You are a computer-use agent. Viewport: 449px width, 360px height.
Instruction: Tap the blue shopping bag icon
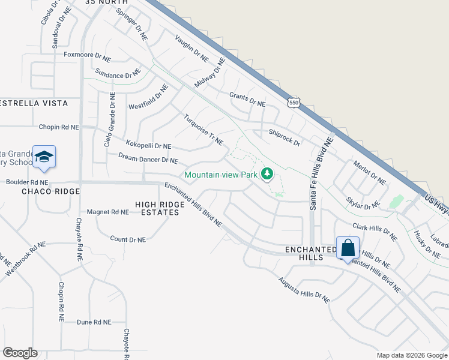click(x=348, y=247)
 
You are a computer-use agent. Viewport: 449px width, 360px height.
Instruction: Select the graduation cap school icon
click(x=44, y=157)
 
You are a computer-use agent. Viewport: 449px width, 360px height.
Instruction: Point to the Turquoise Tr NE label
click(x=203, y=130)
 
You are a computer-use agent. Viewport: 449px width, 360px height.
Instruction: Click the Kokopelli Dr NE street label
click(x=148, y=145)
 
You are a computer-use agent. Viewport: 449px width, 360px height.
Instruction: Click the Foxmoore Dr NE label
click(x=87, y=59)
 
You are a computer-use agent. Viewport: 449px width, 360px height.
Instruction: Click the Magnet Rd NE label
click(x=108, y=212)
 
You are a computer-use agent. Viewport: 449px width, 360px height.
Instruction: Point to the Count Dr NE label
click(x=128, y=239)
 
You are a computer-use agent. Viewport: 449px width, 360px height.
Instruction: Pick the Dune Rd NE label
click(x=94, y=322)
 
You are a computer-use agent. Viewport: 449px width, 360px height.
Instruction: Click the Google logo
click(x=20, y=353)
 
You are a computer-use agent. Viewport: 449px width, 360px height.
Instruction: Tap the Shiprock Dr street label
click(x=284, y=137)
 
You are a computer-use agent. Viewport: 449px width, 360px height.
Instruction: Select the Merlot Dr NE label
click(x=369, y=173)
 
